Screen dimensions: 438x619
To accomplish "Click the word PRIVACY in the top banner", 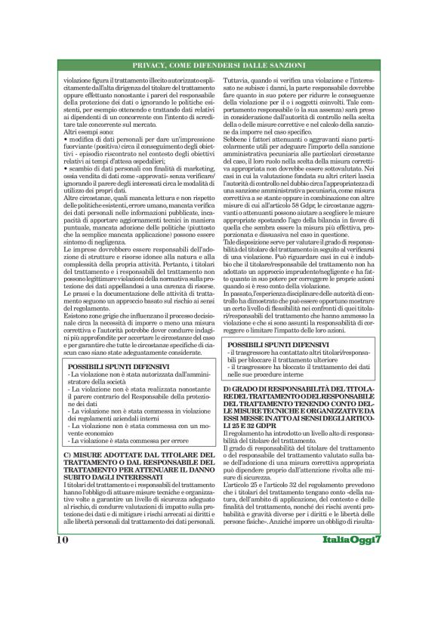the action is [153, 65].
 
